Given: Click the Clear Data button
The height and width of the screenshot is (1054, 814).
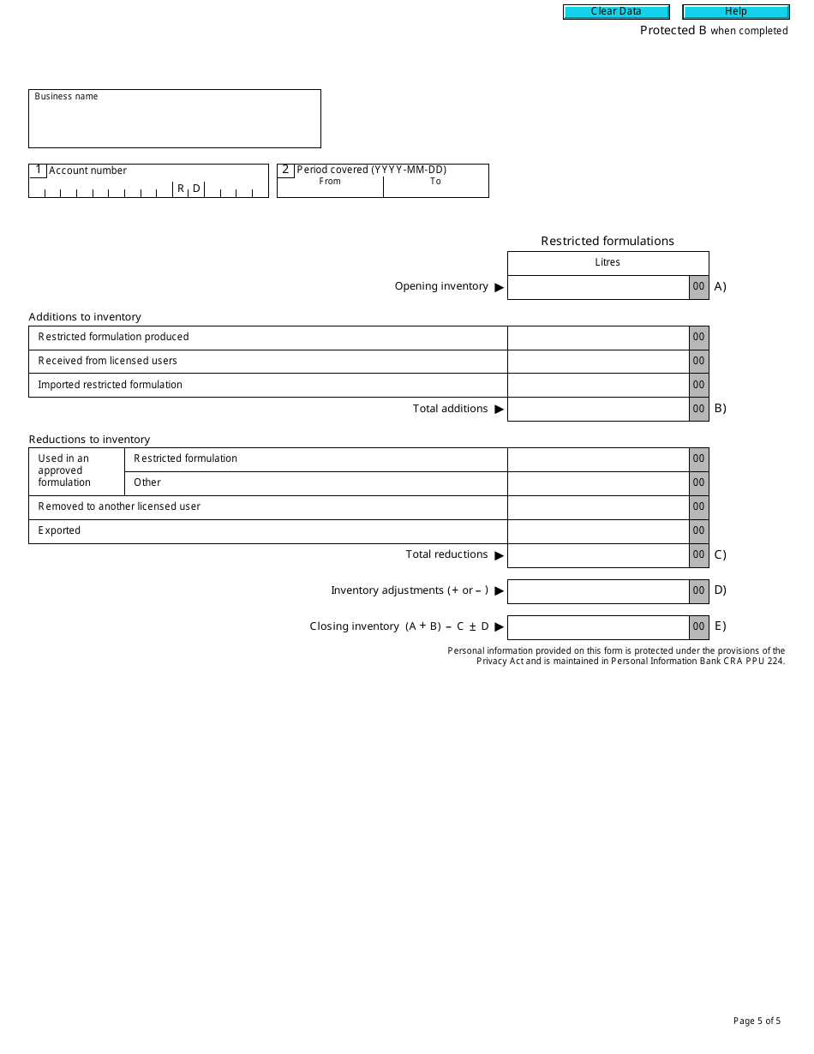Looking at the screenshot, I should pyautogui.click(x=616, y=12).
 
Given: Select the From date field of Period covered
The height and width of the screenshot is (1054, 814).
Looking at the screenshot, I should pyautogui.click(x=330, y=190).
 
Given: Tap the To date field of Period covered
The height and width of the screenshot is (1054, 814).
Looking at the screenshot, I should pyautogui.click(x=435, y=190).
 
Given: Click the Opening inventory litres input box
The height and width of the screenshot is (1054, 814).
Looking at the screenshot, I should pyautogui.click(x=598, y=287).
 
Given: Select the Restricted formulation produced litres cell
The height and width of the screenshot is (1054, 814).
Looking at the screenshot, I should pyautogui.click(x=598, y=338).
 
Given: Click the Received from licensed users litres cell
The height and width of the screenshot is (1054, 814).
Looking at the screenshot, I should pyautogui.click(x=598, y=362).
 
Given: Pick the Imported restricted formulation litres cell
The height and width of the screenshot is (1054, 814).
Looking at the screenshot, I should pyautogui.click(x=598, y=386).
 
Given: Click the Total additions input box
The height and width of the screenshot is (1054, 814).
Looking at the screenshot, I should pyautogui.click(x=598, y=410).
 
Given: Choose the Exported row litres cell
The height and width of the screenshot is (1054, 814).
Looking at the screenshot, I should pyautogui.click(x=598, y=531).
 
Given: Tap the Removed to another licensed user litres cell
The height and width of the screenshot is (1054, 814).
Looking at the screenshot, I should pyautogui.click(x=598, y=507).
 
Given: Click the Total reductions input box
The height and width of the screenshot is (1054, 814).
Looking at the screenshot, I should pyautogui.click(x=598, y=555).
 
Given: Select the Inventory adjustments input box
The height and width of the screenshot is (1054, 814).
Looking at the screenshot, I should pyautogui.click(x=598, y=591).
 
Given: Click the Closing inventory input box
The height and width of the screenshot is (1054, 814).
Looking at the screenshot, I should pyautogui.click(x=598, y=627).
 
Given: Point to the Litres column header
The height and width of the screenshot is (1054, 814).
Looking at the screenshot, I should pyautogui.click(x=608, y=263).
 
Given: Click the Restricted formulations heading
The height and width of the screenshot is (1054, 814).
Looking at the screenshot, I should pyautogui.click(x=608, y=241).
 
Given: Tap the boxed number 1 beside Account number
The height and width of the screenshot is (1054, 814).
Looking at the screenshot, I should pyautogui.click(x=38, y=170).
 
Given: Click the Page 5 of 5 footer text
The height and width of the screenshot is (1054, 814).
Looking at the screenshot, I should pyautogui.click(x=757, y=1021).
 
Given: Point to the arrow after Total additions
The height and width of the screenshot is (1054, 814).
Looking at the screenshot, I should pyautogui.click(x=500, y=410).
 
